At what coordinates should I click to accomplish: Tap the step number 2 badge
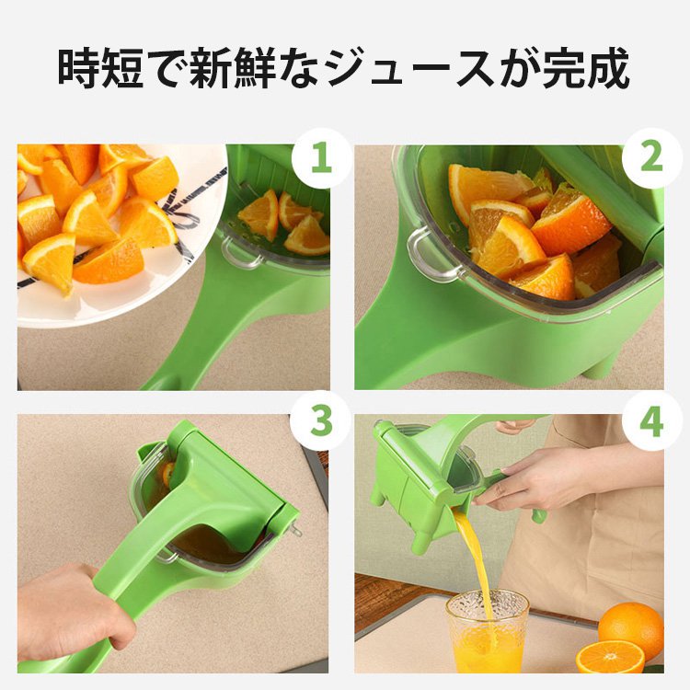[651, 158]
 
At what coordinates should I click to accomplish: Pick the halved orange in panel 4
[609, 657]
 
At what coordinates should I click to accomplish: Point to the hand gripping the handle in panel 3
[74, 612]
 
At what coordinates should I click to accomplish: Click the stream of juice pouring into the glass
[475, 557]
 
